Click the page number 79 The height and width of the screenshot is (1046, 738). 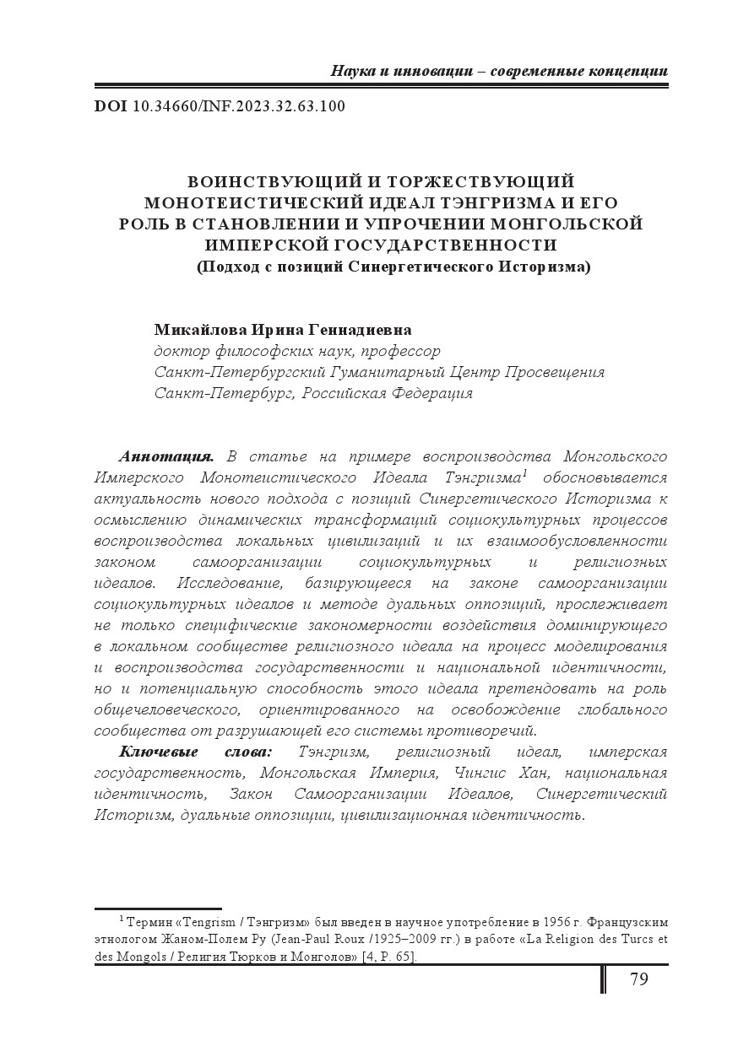pyautogui.click(x=638, y=979)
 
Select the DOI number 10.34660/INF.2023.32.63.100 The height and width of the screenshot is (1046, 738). pyautogui.click(x=239, y=106)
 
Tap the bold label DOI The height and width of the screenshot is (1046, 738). pyautogui.click(x=111, y=106)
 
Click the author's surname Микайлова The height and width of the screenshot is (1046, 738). pyautogui.click(x=199, y=329)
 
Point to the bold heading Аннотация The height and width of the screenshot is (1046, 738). pyautogui.click(x=166, y=456)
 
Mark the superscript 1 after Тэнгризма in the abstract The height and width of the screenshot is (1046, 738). pyautogui.click(x=525, y=473)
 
